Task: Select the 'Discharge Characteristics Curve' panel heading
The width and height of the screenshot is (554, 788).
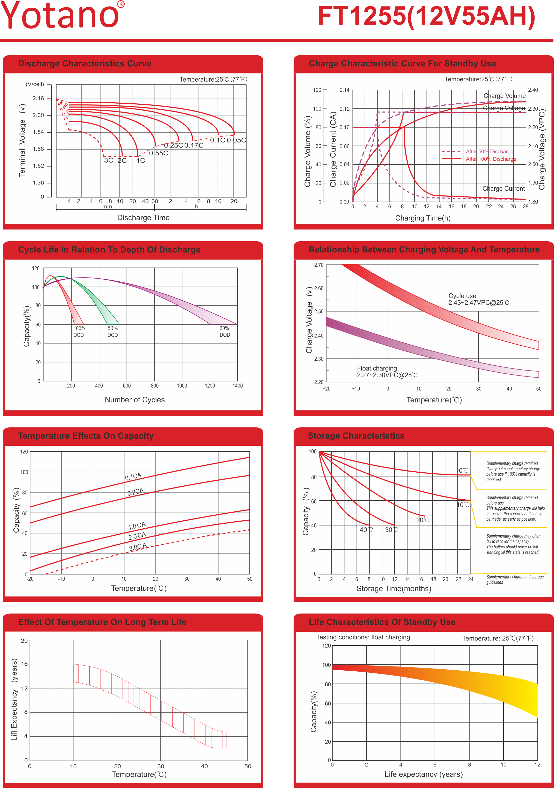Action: (84, 63)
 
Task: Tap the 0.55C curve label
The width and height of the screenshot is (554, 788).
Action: (159, 153)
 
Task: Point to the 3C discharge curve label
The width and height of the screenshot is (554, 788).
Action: (109, 160)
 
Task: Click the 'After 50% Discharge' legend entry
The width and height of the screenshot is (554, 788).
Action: (489, 151)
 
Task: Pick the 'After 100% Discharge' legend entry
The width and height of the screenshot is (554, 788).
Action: (491, 159)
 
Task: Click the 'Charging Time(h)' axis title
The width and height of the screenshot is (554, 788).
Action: (423, 218)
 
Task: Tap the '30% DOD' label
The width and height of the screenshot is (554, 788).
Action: (224, 331)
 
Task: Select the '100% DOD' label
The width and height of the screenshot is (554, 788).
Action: (79, 331)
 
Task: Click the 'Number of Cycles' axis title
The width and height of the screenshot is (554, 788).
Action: (134, 400)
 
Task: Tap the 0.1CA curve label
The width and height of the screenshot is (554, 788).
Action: (133, 476)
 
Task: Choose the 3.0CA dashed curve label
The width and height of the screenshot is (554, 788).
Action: (138, 546)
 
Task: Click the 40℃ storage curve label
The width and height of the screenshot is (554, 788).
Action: (366, 530)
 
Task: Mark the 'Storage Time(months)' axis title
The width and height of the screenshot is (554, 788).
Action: (394, 588)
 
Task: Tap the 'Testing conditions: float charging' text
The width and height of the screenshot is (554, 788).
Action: (363, 637)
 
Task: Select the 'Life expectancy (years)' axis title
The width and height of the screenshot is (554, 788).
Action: (423, 774)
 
